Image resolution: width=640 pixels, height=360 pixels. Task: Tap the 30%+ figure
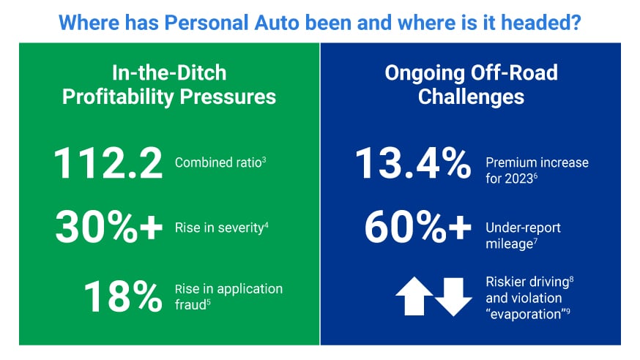point(108,229)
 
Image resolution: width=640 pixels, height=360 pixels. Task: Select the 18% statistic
point(122,296)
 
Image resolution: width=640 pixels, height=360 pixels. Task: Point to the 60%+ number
point(418,229)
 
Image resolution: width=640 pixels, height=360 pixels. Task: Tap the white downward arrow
point(453,296)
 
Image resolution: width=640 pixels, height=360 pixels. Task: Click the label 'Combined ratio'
point(217,162)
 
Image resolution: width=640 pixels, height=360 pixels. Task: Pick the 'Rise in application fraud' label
point(227,296)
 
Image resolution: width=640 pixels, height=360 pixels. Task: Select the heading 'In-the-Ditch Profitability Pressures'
point(169,84)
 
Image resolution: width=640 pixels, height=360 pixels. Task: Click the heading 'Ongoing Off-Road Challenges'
point(471,84)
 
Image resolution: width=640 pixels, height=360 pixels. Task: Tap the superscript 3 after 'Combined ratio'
point(264,159)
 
